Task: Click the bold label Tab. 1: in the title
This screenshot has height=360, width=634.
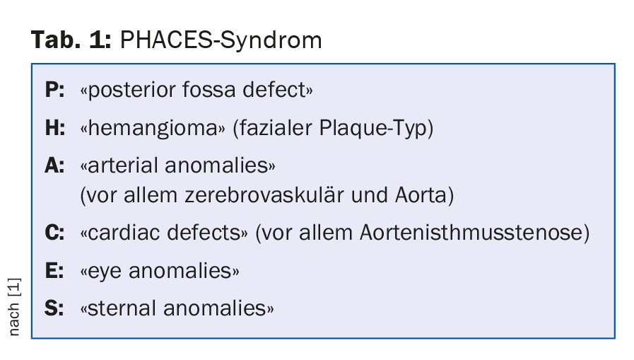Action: pyautogui.click(x=71, y=40)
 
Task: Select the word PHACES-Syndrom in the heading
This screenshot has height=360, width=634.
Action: pyautogui.click(x=221, y=40)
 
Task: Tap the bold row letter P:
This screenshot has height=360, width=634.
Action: pyautogui.click(x=54, y=89)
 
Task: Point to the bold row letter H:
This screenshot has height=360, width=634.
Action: pyautogui.click(x=55, y=128)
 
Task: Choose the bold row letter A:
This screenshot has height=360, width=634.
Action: pyautogui.click(x=54, y=166)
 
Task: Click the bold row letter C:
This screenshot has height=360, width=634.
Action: pyautogui.click(x=54, y=233)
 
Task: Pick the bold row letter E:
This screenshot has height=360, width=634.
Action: pyautogui.click(x=54, y=271)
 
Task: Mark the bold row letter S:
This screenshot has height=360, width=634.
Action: pyautogui.click(x=54, y=308)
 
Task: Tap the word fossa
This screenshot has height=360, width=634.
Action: pyautogui.click(x=209, y=89)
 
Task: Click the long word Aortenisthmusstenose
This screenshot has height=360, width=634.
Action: pyautogui.click(x=471, y=233)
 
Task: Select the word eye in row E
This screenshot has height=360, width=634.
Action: pyautogui.click(x=105, y=272)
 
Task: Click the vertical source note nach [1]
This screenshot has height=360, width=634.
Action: pyautogui.click(x=13, y=307)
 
